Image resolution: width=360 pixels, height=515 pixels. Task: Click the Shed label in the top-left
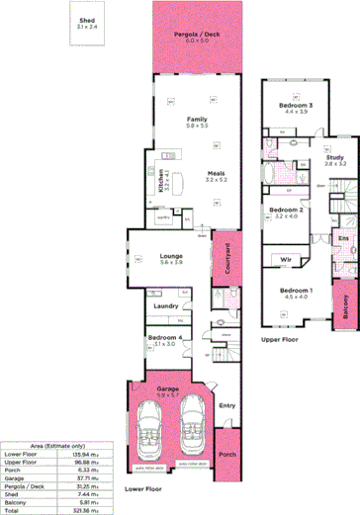coord(88,19)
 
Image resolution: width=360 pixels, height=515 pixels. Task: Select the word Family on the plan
coord(197,119)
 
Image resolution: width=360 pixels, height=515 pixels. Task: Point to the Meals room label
coord(216,173)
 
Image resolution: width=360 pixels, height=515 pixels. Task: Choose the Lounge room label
coord(170,257)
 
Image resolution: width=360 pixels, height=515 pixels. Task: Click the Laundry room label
coord(165,305)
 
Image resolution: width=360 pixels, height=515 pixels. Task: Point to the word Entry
coord(226,404)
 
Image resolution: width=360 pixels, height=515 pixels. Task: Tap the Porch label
coord(227,454)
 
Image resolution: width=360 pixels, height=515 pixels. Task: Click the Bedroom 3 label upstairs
coord(296,105)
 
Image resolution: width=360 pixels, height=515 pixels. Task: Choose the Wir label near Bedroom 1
coord(285,259)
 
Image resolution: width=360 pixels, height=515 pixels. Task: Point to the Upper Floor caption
coord(280,338)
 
